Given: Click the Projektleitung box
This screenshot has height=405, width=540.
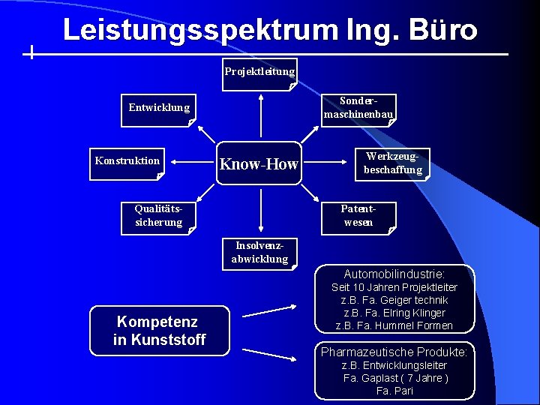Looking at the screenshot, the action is click(259, 73).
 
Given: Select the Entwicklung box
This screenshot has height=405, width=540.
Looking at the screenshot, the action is click(158, 109).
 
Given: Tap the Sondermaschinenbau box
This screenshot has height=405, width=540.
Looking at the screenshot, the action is click(358, 109).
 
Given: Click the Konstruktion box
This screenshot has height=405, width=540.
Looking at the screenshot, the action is click(127, 163).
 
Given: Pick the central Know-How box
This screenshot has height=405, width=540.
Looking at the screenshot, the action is click(259, 164).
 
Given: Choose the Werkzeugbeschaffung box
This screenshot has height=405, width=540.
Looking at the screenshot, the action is click(393, 164).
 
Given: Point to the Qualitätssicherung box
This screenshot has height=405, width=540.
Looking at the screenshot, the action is click(158, 217).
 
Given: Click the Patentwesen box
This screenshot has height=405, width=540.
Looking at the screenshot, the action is click(358, 217).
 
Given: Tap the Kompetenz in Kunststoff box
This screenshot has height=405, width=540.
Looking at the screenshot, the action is click(159, 331).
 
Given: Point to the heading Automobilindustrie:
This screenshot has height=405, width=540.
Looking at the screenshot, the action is click(394, 274).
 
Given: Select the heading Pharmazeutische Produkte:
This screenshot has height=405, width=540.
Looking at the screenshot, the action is click(394, 352).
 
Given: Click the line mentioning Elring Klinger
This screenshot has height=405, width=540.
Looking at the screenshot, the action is click(394, 313).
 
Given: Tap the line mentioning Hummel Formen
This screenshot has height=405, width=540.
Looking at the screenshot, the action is click(394, 325).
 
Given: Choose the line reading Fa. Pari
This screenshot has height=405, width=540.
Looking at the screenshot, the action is click(394, 391).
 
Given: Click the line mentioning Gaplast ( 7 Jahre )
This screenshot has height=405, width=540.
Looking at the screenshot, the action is click(395, 378).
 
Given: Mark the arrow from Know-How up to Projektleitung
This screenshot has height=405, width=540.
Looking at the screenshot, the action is click(260, 116).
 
